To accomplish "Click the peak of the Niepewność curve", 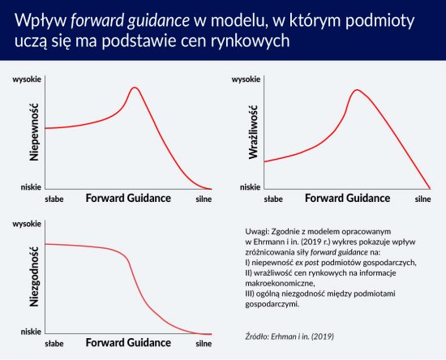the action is point(135,88).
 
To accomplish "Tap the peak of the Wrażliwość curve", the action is point(357,90).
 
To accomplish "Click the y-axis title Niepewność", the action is point(34,132).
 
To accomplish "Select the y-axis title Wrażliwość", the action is point(253,132).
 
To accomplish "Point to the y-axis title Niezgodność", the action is point(34,276).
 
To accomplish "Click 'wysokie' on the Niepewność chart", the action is point(27,79).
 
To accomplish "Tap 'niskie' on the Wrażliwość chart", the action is point(251,187).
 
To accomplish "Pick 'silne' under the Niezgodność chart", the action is point(204,344).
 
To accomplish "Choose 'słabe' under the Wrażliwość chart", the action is point(273,199).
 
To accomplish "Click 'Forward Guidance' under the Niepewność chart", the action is point(128,198).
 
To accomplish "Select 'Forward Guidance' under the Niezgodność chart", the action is point(128,343).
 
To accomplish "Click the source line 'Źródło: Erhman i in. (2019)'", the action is point(289,336).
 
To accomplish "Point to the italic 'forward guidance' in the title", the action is point(130,21).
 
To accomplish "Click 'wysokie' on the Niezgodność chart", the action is point(27,224).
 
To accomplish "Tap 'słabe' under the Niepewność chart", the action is point(54,199).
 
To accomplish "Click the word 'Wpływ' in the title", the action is point(41,21).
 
